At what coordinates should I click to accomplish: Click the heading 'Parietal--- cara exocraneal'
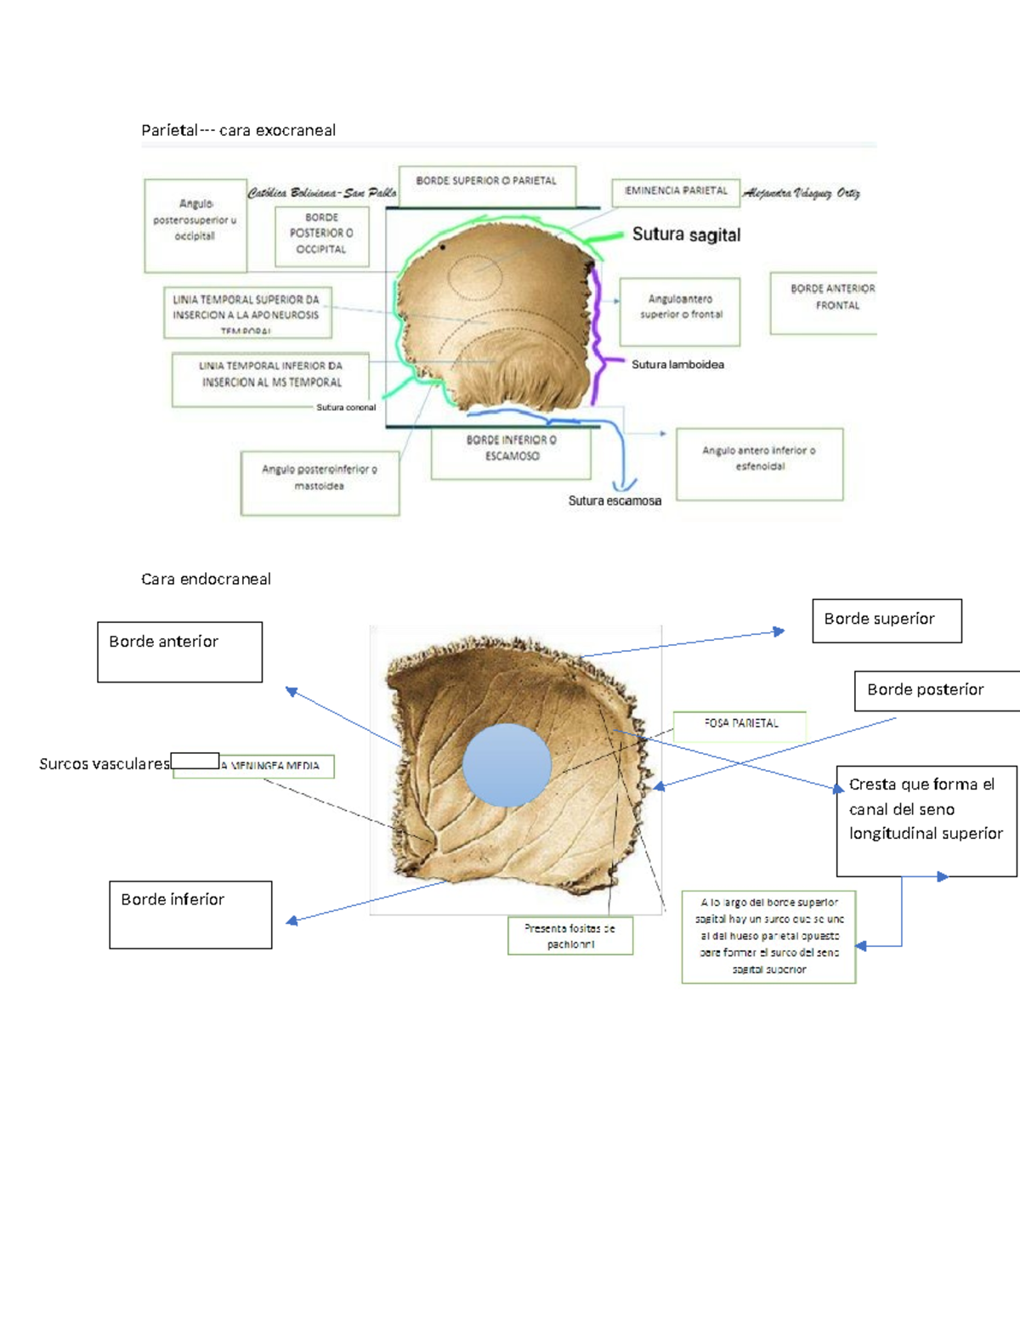(238, 130)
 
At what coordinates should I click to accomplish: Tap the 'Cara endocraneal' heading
(206, 579)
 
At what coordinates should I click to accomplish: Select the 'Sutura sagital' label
(686, 235)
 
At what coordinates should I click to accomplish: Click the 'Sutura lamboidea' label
(677, 365)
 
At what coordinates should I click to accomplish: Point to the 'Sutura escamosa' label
(615, 501)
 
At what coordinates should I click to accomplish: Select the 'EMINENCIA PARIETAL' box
(676, 192)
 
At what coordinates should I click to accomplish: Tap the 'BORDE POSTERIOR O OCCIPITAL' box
(321, 235)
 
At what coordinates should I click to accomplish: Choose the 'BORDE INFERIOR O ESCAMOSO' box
(511, 454)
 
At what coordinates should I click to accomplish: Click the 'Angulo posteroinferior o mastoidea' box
(320, 483)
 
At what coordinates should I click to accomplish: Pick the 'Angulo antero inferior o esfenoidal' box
(759, 463)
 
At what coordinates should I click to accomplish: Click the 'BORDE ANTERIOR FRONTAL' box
(823, 303)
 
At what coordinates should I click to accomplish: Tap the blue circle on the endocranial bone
(507, 765)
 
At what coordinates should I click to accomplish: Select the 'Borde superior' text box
(887, 620)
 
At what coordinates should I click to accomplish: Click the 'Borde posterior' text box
(936, 690)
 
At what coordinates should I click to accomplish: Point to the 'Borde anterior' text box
(179, 651)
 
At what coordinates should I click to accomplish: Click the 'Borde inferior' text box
(190, 914)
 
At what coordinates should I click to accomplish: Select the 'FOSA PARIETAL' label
(739, 724)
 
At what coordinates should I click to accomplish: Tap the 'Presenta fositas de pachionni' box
(570, 936)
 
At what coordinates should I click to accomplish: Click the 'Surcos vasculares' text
(105, 764)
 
